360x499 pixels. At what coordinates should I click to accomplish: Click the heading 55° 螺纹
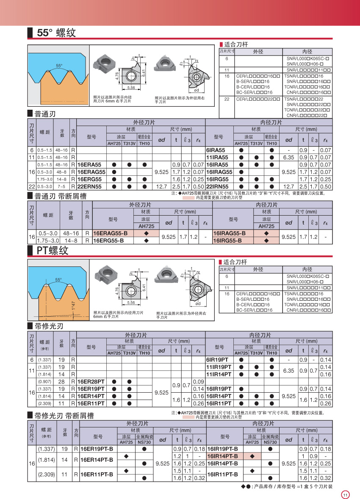(56, 33)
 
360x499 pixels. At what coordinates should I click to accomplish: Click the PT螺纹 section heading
(52, 250)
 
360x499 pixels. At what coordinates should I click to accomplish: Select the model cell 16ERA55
(90, 165)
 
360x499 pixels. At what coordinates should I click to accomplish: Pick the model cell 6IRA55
(216, 150)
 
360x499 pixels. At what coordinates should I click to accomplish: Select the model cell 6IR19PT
(217, 360)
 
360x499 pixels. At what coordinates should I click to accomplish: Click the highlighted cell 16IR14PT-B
(222, 456)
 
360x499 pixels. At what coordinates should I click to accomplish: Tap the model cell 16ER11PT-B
(97, 474)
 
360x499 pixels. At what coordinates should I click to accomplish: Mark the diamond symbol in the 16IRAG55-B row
(266, 233)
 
